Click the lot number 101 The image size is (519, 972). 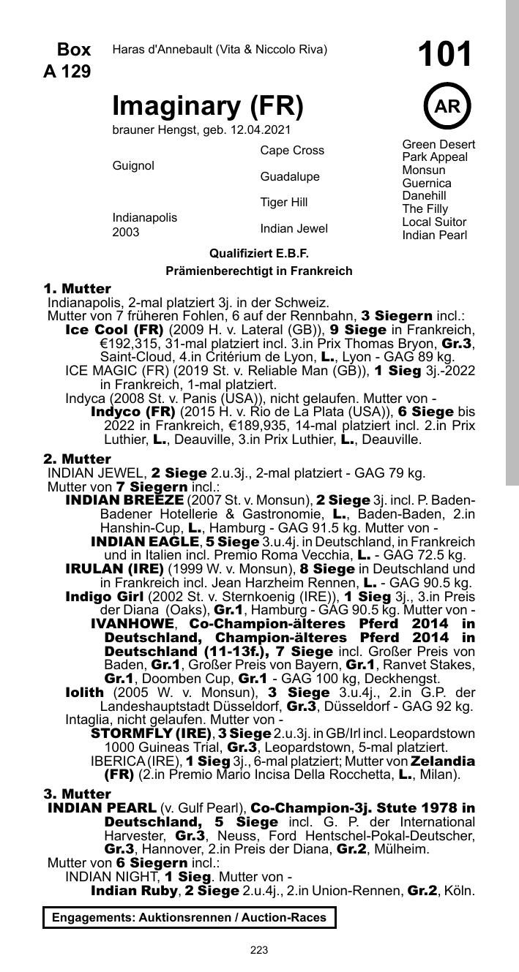tap(445, 55)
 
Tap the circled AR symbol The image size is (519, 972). tap(447, 107)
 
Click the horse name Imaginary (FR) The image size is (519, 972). tap(207, 107)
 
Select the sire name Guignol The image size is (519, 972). tap(133, 166)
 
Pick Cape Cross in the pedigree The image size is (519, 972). tap(292, 151)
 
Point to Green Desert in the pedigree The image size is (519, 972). tap(438, 144)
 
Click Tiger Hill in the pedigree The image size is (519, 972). tap(284, 202)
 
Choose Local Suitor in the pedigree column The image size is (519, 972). tap(434, 222)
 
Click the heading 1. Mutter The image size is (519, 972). tap(77, 289)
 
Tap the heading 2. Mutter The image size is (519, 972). tap(77, 459)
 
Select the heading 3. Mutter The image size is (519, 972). tap(77, 794)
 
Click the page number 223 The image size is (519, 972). tap(259, 950)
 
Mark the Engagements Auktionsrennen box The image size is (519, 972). tap(189, 917)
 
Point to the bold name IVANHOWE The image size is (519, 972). tap(133, 624)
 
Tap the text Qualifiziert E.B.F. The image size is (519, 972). tap(259, 253)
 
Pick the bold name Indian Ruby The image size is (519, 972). tap(134, 891)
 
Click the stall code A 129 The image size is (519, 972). tap(67, 72)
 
